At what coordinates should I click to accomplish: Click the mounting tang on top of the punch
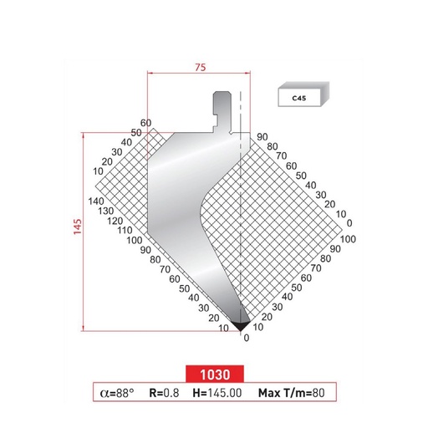223,109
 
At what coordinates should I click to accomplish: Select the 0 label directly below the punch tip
246,339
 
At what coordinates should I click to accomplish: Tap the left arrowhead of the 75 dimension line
150,74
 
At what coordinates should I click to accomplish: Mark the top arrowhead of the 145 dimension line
84,133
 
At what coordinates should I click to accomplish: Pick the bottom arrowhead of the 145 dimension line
84,329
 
